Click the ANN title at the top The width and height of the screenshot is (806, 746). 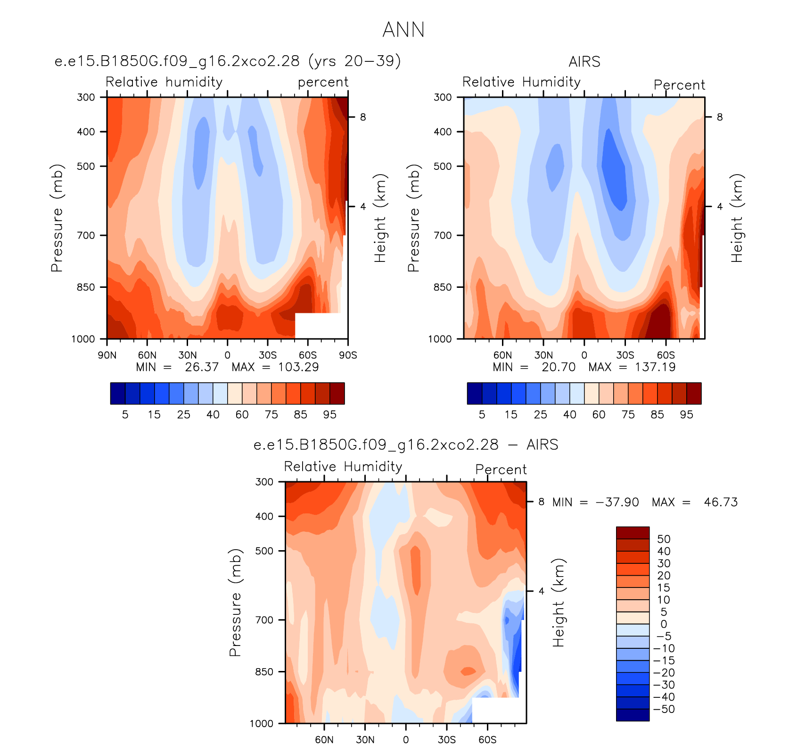(403, 30)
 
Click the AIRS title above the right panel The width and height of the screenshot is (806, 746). (584, 62)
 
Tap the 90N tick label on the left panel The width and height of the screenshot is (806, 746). (107, 355)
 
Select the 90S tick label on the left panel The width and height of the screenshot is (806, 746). (348, 355)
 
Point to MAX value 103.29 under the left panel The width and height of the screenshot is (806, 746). (298, 367)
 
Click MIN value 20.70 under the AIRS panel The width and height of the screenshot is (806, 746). (559, 367)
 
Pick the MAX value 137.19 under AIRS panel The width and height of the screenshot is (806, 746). (655, 367)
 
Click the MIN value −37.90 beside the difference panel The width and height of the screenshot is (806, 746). (617, 502)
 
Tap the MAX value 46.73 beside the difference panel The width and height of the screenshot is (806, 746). (721, 502)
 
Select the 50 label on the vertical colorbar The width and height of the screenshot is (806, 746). (664, 539)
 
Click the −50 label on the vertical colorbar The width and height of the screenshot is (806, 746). (664, 709)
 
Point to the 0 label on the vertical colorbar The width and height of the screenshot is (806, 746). (664, 624)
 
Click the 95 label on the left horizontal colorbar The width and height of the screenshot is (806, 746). (329, 415)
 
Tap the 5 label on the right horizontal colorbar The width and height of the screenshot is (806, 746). (482, 415)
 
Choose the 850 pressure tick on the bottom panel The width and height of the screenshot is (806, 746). (264, 672)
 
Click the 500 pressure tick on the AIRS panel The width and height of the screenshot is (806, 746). (443, 166)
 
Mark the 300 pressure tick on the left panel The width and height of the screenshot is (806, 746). (86, 97)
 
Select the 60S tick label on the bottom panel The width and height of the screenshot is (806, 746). (487, 739)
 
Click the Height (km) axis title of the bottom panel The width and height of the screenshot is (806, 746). (559, 603)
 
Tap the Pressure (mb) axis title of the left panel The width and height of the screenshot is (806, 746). (57, 218)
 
